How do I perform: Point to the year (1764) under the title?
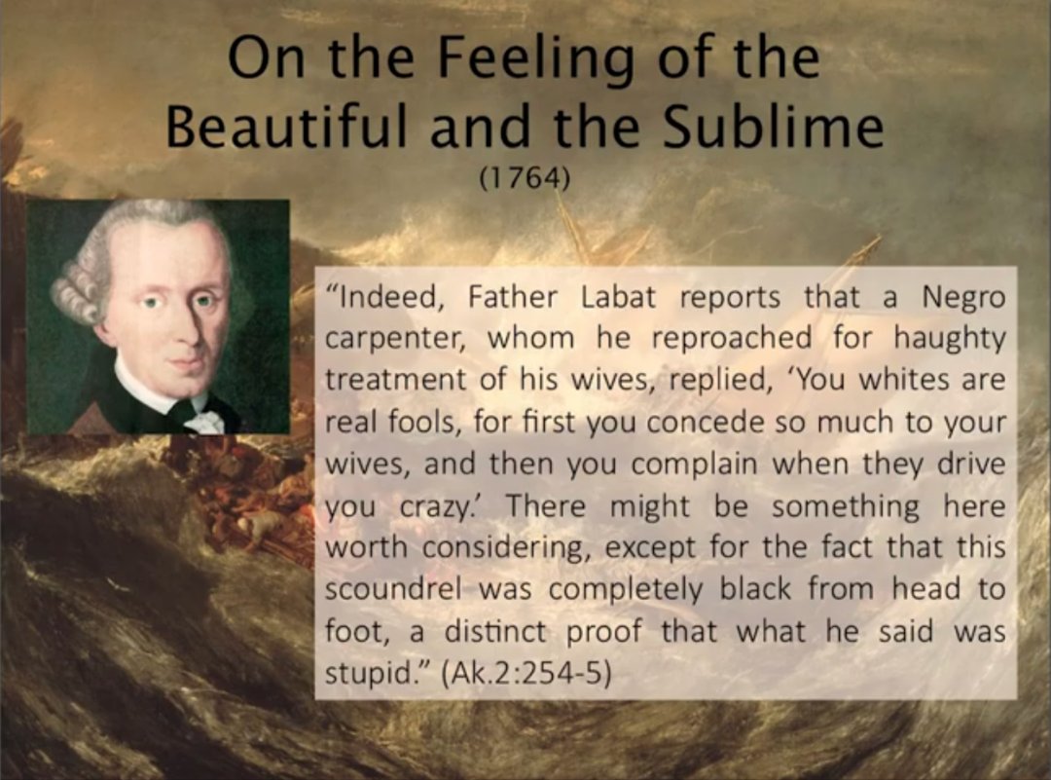[x=525, y=178]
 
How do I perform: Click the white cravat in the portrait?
[x=204, y=420]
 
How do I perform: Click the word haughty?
[x=950, y=338]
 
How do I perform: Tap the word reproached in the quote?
[x=731, y=339]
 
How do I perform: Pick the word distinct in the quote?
[x=495, y=632]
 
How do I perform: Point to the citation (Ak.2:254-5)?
[x=526, y=674]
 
